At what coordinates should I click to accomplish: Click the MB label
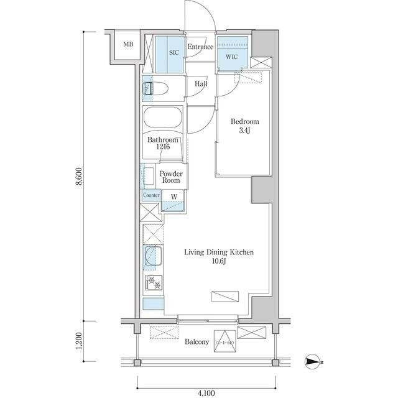(x=128, y=44)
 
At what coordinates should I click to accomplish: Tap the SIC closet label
(x=174, y=53)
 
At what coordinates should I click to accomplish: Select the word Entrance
(x=201, y=47)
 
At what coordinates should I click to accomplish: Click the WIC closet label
(x=231, y=57)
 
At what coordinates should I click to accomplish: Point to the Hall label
(x=201, y=84)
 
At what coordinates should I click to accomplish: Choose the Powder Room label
(x=170, y=177)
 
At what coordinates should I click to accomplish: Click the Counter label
(x=151, y=195)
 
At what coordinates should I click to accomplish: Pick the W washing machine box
(x=174, y=197)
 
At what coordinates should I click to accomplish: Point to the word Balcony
(x=197, y=342)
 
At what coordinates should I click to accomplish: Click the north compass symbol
(x=313, y=361)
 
